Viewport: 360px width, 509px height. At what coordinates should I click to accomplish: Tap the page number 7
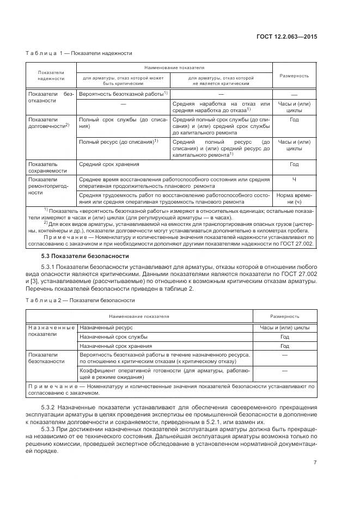pyautogui.click(x=315, y=463)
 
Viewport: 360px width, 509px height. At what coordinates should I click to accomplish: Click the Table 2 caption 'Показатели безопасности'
pyautogui.click(x=102, y=299)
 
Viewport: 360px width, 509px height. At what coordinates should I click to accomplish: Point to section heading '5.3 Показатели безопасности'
pyautogui.click(x=85, y=256)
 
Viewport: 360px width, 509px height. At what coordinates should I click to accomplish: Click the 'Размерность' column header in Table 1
pyautogui.click(x=294, y=76)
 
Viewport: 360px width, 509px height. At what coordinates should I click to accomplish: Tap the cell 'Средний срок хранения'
pyautogui.click(x=109, y=164)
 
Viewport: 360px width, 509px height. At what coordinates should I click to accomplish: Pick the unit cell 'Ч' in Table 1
pyautogui.click(x=294, y=179)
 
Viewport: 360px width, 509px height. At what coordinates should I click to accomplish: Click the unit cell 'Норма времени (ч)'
pyautogui.click(x=294, y=198)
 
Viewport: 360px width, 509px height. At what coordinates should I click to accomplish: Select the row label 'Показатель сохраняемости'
pyautogui.click(x=46, y=167)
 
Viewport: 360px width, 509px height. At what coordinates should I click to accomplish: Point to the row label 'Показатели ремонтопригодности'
pyautogui.click(x=46, y=185)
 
